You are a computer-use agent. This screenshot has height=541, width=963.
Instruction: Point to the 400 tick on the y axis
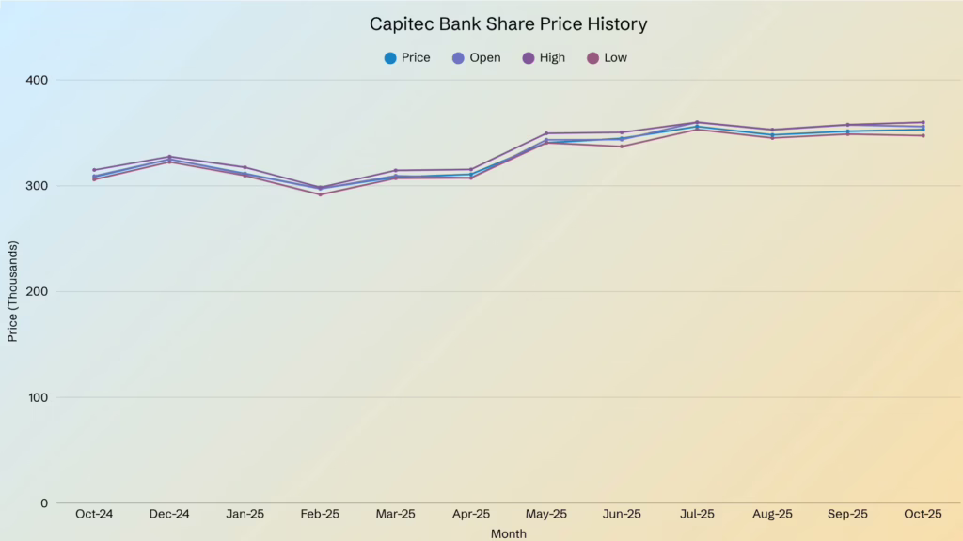pos(38,80)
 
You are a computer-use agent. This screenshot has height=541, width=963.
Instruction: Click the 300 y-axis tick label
pos(38,186)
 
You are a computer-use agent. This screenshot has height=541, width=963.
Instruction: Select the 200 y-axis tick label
pos(38,291)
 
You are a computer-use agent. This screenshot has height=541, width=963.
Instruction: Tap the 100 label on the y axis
pos(38,397)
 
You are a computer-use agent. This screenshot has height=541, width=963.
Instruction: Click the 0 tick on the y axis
pos(44,503)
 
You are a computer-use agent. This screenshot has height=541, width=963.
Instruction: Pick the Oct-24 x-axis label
pos(94,515)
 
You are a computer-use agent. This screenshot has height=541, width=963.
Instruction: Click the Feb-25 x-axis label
pos(320,515)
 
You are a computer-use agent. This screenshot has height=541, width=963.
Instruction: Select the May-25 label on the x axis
pos(546,515)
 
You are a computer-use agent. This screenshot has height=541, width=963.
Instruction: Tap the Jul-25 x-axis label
pos(697,515)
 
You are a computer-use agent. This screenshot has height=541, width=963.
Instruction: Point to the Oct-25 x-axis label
pos(923,515)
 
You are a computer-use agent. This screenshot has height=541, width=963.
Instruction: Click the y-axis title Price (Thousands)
pos(13,291)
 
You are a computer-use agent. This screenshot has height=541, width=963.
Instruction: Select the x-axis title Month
pos(508,533)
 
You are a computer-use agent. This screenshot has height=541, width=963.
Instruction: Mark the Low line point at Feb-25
pos(320,194)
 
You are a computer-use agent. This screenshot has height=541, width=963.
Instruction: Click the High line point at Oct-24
pos(94,170)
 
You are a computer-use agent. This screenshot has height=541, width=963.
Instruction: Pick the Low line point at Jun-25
pos(622,147)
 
